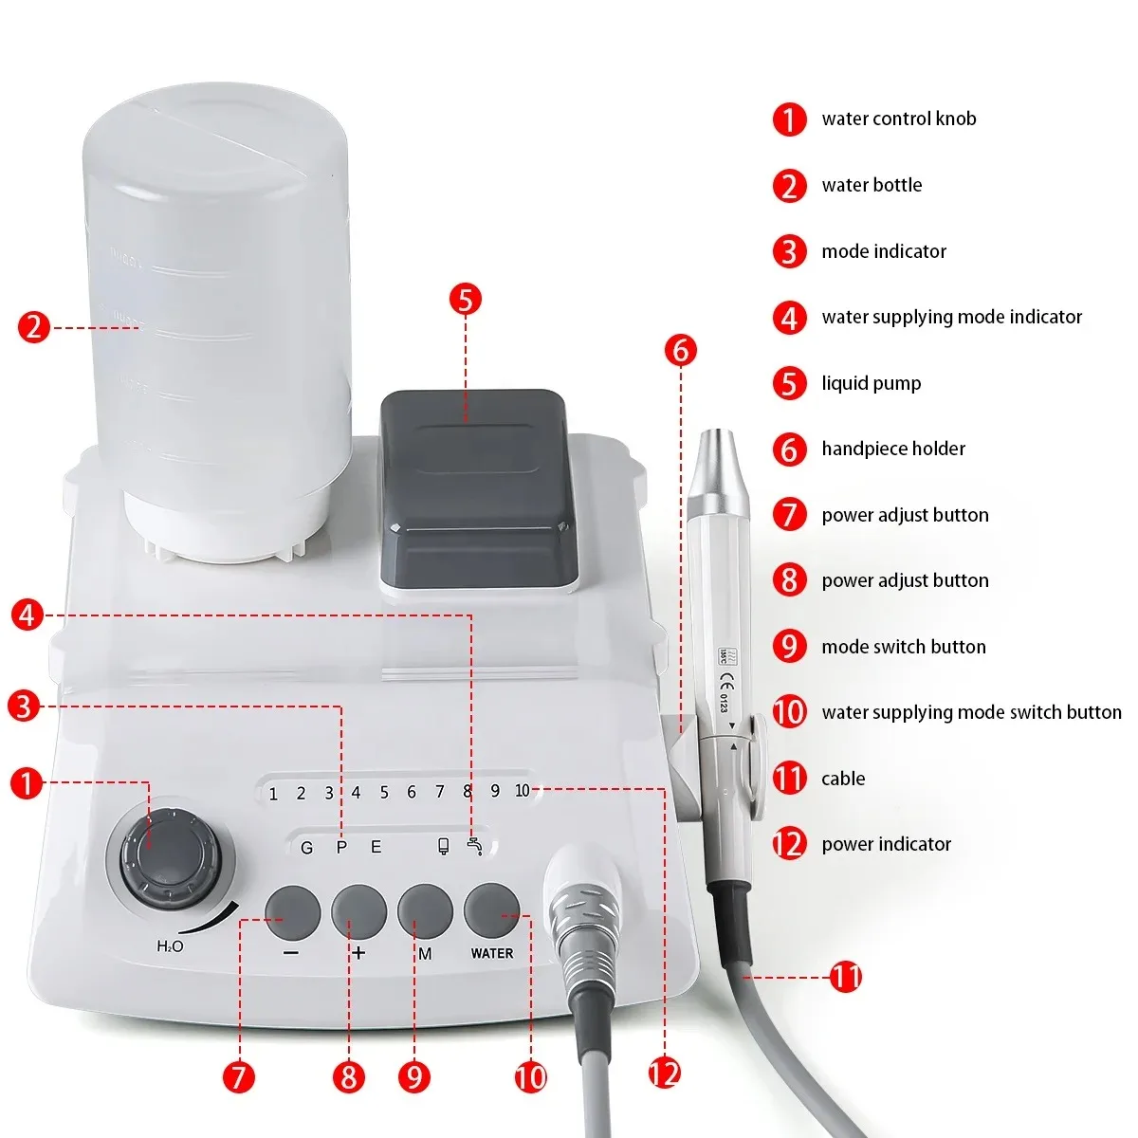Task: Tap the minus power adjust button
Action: [x=292, y=911]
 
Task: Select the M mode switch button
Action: [x=425, y=911]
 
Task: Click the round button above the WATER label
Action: [x=492, y=910]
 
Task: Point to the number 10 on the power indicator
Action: [x=522, y=791]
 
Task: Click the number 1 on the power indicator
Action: [x=273, y=794]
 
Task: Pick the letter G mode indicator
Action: [x=306, y=848]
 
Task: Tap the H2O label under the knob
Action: [x=170, y=946]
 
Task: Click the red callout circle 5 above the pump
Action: [x=465, y=300]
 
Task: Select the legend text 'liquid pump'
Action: [x=871, y=383]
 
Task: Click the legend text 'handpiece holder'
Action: [x=892, y=449]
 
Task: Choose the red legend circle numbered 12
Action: [x=789, y=844]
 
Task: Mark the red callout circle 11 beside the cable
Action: [x=846, y=976]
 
